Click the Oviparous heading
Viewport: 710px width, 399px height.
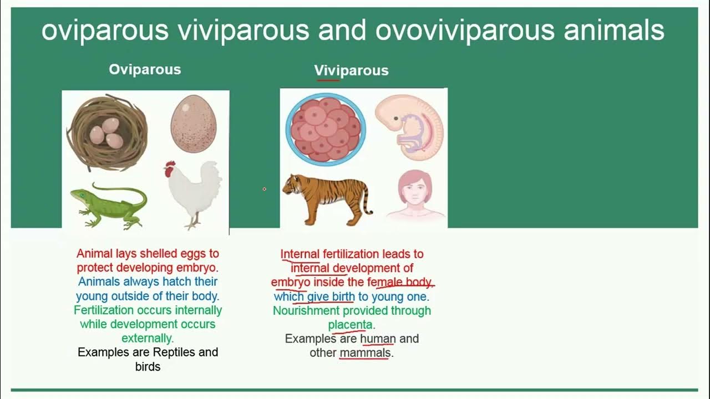(145, 69)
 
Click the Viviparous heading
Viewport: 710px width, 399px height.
(351, 70)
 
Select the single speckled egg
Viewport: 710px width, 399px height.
(193, 124)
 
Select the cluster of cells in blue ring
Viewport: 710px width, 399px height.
(326, 130)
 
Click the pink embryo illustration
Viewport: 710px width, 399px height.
(409, 126)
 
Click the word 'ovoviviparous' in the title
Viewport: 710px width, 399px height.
(464, 31)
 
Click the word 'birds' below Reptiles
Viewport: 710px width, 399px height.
(148, 367)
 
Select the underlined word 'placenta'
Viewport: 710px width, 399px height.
(350, 325)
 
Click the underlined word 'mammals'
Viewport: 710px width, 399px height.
(365, 353)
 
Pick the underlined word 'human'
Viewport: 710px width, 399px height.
(378, 339)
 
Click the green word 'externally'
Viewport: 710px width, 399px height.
(147, 338)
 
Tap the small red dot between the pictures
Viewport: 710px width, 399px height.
(264, 189)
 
